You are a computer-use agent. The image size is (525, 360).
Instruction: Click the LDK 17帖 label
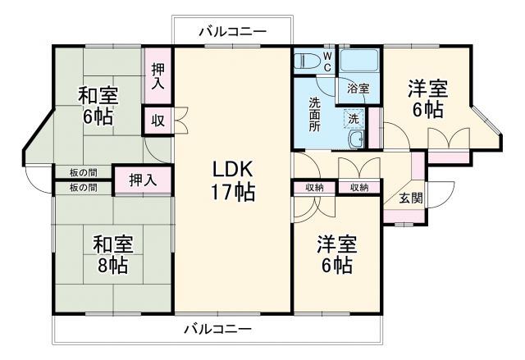[x=233, y=181]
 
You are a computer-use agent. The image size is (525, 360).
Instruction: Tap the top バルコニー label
[x=233, y=31]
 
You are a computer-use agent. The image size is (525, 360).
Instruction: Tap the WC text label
[x=326, y=62]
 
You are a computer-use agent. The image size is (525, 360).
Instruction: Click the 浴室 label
[x=358, y=87]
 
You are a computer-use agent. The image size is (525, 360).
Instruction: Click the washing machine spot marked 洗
[x=353, y=117]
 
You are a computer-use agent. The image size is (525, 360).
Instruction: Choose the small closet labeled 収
[x=157, y=120]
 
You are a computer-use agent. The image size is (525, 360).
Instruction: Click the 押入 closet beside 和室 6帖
[x=157, y=75]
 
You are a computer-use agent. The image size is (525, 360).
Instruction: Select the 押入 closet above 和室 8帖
[x=143, y=180]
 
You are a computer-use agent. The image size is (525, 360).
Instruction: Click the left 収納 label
[x=314, y=188]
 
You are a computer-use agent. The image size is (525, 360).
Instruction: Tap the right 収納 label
[x=358, y=188]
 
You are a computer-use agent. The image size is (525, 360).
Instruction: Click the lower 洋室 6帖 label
[x=336, y=254]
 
